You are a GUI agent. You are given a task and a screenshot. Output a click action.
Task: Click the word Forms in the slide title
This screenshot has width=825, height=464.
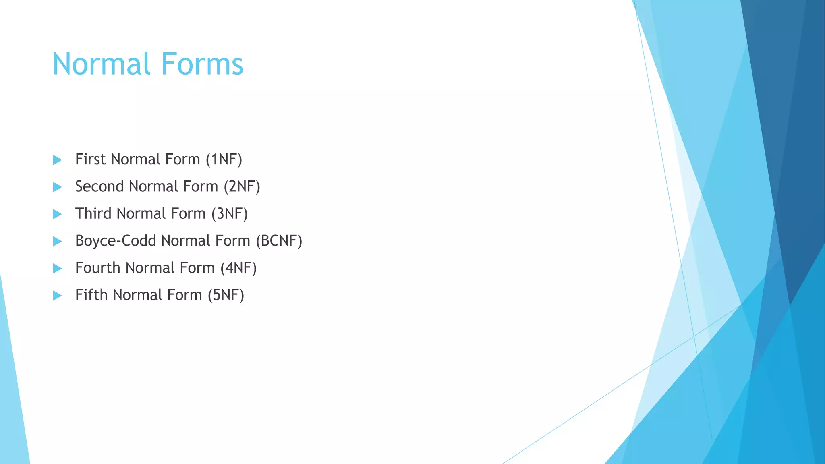(202, 64)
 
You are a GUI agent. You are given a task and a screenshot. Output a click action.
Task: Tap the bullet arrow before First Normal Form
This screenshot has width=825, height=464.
(57, 160)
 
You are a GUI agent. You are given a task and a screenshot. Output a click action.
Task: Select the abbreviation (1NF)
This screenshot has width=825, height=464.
(224, 159)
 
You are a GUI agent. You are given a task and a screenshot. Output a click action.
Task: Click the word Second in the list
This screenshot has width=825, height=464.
(99, 186)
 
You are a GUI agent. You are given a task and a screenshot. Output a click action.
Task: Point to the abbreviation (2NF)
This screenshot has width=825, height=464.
(242, 186)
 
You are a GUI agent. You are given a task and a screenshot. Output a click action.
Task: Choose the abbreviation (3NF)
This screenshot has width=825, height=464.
(230, 213)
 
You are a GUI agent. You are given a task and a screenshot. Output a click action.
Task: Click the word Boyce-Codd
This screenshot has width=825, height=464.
(116, 241)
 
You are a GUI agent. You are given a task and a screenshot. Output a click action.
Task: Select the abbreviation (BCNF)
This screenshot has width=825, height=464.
(279, 241)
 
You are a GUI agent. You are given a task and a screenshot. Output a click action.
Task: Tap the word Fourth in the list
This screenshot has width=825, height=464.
(97, 268)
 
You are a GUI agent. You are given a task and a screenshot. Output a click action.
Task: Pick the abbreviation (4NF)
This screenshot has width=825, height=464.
(238, 268)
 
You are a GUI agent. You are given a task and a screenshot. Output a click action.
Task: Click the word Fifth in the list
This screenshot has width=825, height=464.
(91, 295)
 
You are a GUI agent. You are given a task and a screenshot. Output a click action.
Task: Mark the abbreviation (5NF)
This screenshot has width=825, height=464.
(226, 295)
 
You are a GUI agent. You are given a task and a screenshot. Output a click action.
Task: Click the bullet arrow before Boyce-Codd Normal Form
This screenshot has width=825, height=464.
(57, 241)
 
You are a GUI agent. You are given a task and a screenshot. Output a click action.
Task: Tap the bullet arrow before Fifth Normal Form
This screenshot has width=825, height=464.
(57, 296)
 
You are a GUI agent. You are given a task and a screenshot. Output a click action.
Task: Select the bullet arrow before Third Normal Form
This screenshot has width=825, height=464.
(57, 214)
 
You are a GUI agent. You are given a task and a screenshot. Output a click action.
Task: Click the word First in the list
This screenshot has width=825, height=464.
(90, 159)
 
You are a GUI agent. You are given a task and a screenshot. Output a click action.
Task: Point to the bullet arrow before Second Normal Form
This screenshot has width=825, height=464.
(57, 187)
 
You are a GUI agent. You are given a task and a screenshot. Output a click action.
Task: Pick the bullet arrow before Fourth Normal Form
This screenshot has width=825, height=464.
(57, 268)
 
